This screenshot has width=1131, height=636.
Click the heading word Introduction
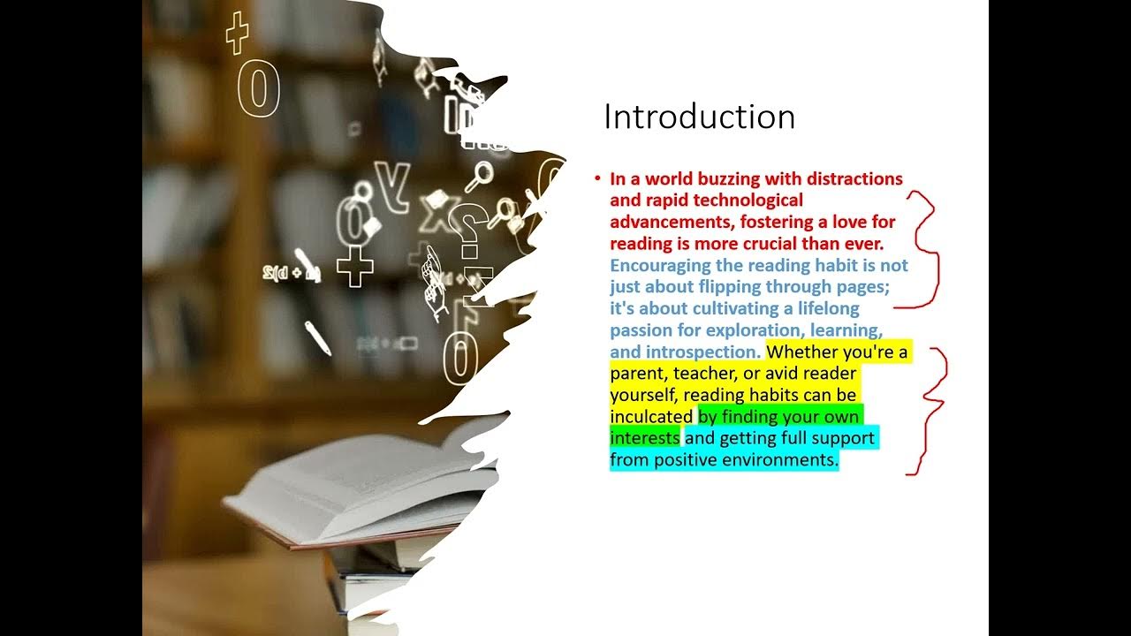(x=699, y=117)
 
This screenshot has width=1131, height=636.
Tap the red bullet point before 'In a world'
(x=597, y=178)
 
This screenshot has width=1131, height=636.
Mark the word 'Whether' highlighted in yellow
(x=800, y=352)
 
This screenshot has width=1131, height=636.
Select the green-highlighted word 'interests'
(x=644, y=438)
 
